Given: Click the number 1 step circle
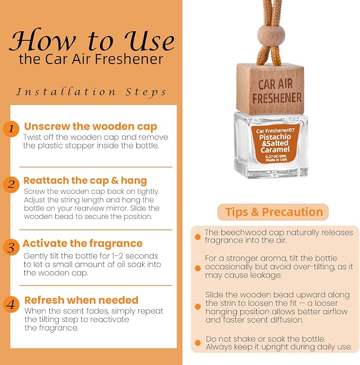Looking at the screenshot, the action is click(x=11, y=129).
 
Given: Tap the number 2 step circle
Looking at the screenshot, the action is click(x=11, y=185).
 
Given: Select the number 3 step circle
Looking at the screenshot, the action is click(x=11, y=247).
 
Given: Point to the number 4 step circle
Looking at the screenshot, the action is click(x=11, y=304).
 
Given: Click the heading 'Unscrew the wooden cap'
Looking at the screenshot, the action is click(x=91, y=127).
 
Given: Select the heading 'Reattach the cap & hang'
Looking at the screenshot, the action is click(x=85, y=181).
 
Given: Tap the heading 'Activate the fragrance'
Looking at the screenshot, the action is click(x=83, y=244).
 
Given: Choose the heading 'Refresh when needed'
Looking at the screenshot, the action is click(x=81, y=300).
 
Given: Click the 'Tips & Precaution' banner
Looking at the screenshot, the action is click(x=273, y=212).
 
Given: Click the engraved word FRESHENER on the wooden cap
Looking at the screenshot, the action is click(x=277, y=98).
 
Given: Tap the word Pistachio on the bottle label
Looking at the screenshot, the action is click(x=275, y=137).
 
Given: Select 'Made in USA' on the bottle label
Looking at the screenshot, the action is click(x=276, y=160).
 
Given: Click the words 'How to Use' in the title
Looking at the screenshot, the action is click(x=92, y=40).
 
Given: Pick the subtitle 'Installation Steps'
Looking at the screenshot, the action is click(x=91, y=92).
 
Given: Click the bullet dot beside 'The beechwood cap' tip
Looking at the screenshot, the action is click(x=198, y=237).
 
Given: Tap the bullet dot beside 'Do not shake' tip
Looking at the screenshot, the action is click(x=198, y=343).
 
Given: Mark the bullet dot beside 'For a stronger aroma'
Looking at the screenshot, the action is click(x=198, y=268).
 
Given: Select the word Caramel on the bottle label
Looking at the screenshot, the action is click(x=275, y=149).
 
